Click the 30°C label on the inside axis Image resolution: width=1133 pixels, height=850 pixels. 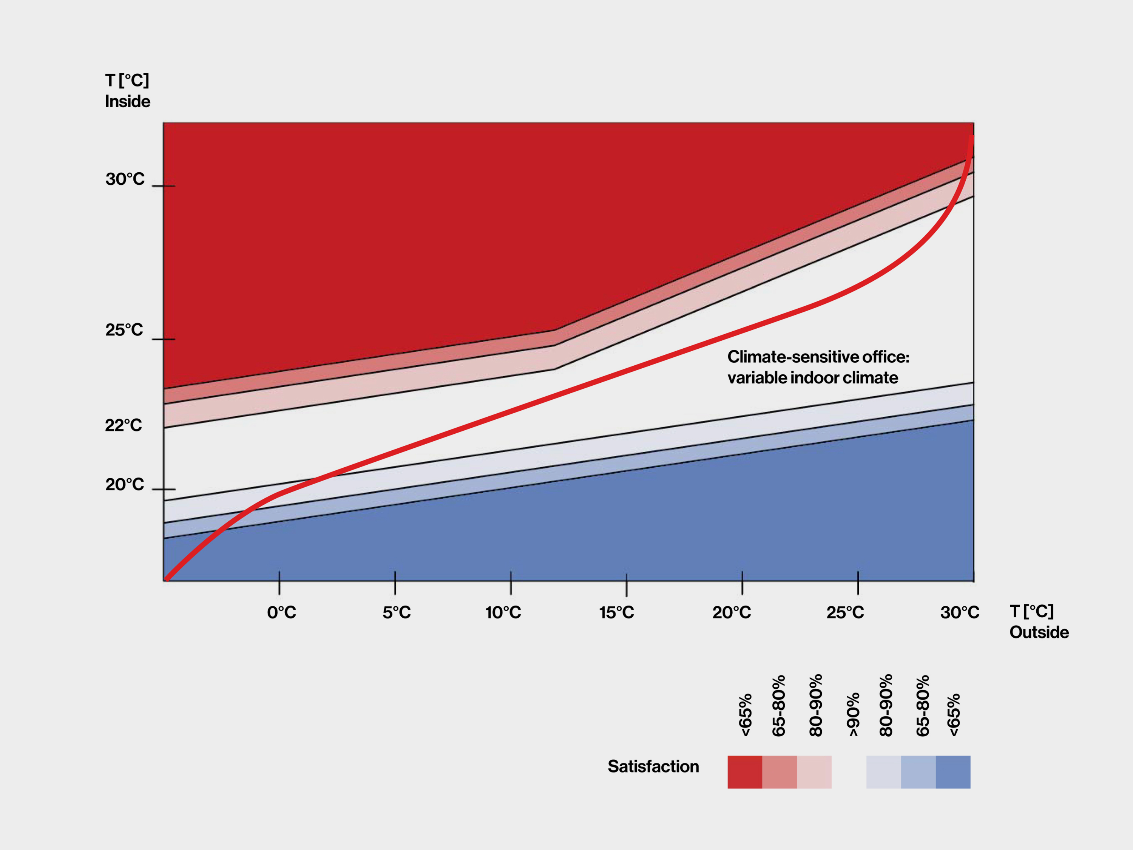coord(125,179)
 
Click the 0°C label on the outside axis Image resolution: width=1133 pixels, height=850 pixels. coord(281,612)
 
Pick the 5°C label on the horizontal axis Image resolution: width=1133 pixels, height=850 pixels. coord(397,612)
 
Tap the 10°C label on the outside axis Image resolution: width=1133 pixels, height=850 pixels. coord(503,612)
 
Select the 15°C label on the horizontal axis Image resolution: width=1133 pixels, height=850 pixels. coord(617,612)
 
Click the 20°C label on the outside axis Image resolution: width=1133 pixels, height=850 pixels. coord(732,612)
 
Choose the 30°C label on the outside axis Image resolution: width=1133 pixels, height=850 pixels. coord(959,612)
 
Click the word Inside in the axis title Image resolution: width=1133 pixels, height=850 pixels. coord(128,102)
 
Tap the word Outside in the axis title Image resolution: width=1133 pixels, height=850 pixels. coord(1039,632)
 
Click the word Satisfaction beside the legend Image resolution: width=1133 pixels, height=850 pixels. coord(653,767)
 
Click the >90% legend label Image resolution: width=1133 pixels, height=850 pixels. coord(853,715)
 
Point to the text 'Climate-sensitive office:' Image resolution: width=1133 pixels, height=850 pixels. coord(818,357)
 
